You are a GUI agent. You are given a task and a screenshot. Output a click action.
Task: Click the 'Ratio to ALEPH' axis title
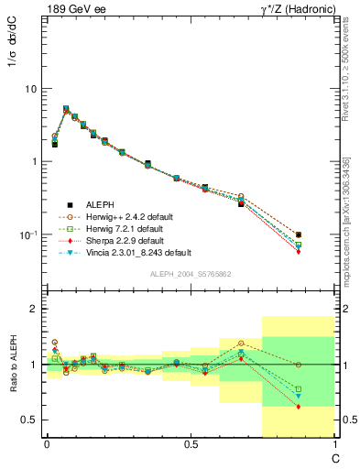13,363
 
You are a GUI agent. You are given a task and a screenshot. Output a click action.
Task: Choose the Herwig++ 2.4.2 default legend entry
125,216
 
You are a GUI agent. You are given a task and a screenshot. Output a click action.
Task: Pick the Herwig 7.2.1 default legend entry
119,228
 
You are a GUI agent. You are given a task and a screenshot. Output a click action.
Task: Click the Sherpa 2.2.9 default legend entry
119,240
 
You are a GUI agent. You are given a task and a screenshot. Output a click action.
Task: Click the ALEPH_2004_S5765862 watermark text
191,274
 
